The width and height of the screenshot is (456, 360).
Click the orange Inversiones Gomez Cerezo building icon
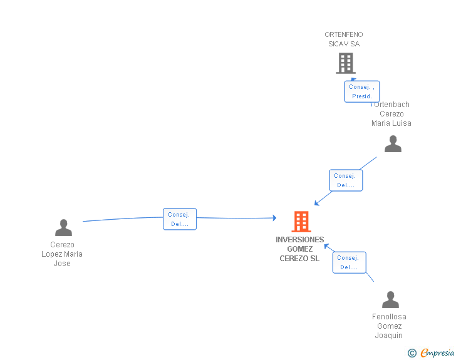tap(301, 222)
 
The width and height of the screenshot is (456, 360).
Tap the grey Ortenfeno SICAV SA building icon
tap(346, 63)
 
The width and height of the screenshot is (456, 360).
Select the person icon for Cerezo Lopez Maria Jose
tap(63, 227)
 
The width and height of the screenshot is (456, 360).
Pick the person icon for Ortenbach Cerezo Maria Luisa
tap(393, 143)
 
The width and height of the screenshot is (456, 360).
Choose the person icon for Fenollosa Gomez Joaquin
tap(390, 299)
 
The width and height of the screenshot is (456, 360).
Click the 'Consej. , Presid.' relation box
tap(362, 91)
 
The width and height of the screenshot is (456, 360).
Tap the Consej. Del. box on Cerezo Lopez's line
tap(180, 219)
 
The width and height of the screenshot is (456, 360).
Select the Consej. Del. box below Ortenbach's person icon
tap(346, 180)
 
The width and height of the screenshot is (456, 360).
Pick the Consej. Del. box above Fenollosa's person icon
tap(350, 262)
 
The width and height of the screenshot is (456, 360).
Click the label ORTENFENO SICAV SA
tap(344, 39)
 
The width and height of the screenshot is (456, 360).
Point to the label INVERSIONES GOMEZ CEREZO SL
tap(299, 249)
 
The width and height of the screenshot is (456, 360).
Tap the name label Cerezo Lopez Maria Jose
tap(62, 254)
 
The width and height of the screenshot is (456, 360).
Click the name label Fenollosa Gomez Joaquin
tap(389, 326)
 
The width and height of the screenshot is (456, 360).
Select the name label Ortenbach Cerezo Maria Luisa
tap(391, 114)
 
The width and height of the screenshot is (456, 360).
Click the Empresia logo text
tap(437, 352)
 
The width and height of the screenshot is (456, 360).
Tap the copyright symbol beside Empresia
tap(412, 353)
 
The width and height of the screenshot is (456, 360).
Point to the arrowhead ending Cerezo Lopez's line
tap(274, 218)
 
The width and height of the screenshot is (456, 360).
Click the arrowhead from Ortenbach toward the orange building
tap(317, 203)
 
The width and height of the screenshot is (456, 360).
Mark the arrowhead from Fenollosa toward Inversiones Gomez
tap(326, 247)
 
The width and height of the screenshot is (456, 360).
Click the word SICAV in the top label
tap(338, 44)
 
